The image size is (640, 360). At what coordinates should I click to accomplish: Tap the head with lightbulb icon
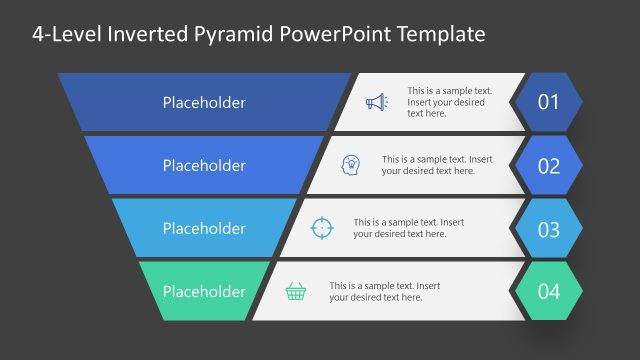351,164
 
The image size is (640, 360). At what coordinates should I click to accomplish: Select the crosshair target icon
321,227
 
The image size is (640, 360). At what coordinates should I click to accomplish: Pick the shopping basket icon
296,291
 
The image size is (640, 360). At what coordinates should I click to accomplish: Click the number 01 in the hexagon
548,102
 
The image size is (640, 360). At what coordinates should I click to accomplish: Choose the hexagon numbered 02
548,165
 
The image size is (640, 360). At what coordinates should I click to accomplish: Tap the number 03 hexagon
548,229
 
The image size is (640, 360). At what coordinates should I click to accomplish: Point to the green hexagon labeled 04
548,292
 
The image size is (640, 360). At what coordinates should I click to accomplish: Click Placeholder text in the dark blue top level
204,102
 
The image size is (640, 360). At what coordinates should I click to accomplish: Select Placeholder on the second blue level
204,165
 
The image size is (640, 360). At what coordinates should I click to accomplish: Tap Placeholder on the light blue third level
204,229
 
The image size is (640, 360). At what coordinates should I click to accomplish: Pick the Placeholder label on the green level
204,292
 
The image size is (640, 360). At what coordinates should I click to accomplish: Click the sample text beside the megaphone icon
447,102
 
